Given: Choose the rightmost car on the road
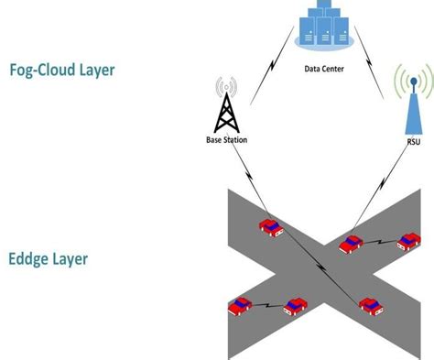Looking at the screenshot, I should [409, 243].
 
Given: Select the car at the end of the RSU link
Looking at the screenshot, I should [352, 244].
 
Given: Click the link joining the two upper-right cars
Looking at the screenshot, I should [380, 243].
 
